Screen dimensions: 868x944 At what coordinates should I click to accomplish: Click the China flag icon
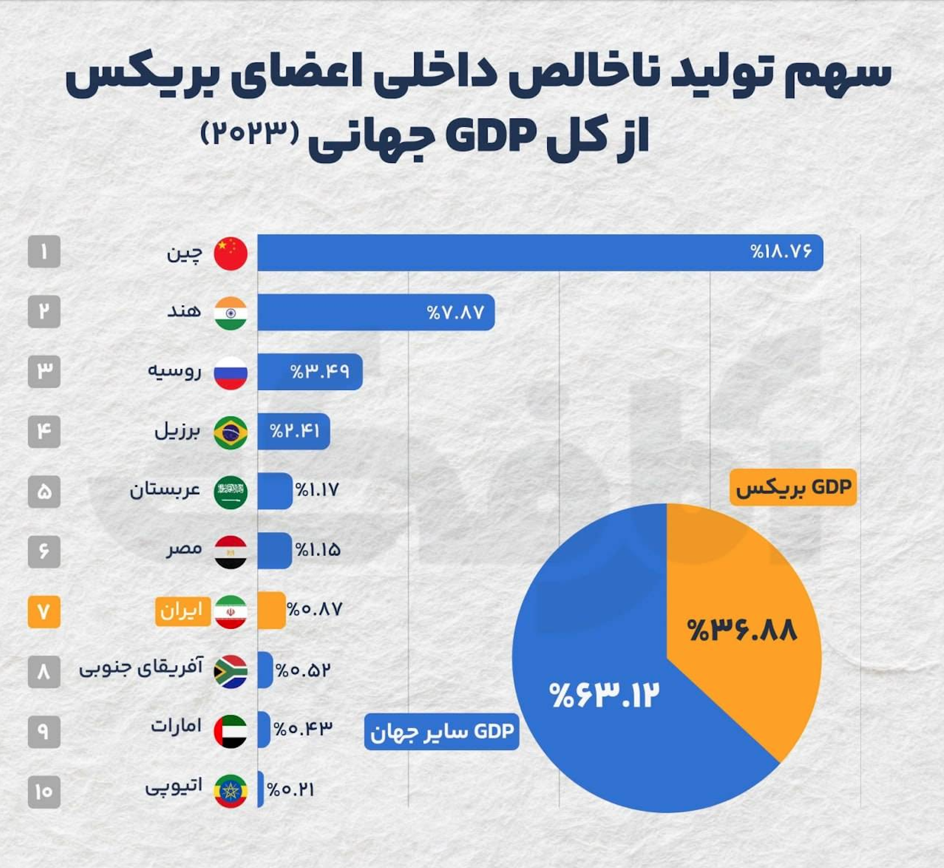point(231,253)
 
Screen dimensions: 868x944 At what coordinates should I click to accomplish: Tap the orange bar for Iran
point(271,610)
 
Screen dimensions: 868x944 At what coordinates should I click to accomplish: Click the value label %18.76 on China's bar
point(780,251)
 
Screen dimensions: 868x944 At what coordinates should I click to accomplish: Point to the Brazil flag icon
point(231,432)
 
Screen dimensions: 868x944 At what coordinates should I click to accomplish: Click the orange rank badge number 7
point(44,612)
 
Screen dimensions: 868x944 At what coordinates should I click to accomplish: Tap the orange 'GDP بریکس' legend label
point(793,487)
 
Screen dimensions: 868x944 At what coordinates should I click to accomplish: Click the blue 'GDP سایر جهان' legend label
point(442,732)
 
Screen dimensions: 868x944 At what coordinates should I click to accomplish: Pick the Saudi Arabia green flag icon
point(231,492)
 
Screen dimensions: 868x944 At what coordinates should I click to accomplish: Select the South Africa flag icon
point(231,671)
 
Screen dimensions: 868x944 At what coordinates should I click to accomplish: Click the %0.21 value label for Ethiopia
point(291,789)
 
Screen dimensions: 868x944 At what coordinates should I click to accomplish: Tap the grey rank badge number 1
point(44,252)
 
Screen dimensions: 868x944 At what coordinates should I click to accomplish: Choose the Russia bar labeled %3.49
point(310,371)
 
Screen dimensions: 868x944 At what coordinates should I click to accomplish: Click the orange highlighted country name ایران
point(182,611)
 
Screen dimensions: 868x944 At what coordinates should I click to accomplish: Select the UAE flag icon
point(231,732)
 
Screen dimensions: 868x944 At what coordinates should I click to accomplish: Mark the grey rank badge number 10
point(44,792)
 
